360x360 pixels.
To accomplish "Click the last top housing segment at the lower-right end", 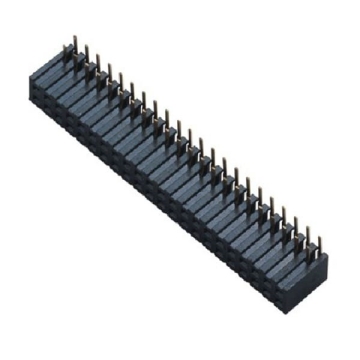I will [x=304, y=263].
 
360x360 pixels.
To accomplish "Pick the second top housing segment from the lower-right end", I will [x=292, y=254].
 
